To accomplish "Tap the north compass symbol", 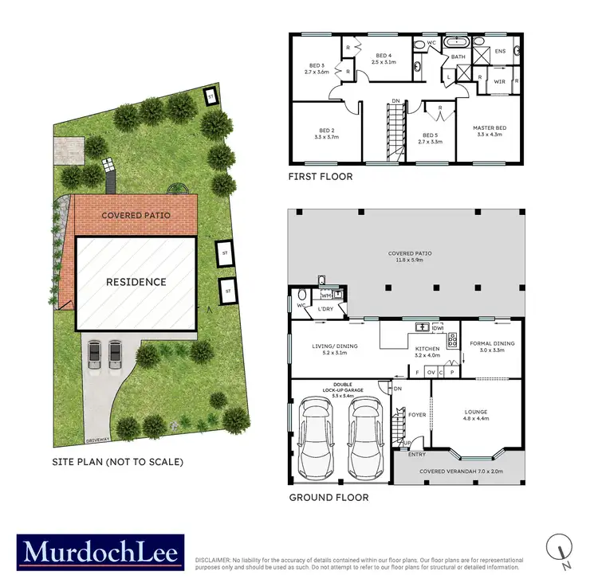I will tap(561, 550).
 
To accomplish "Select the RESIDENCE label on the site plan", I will tap(136, 282).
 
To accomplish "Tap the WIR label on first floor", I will tap(500, 81).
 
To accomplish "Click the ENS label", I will tap(500, 52).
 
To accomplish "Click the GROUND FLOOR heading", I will tap(329, 497).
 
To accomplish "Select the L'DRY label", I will tap(325, 309).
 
